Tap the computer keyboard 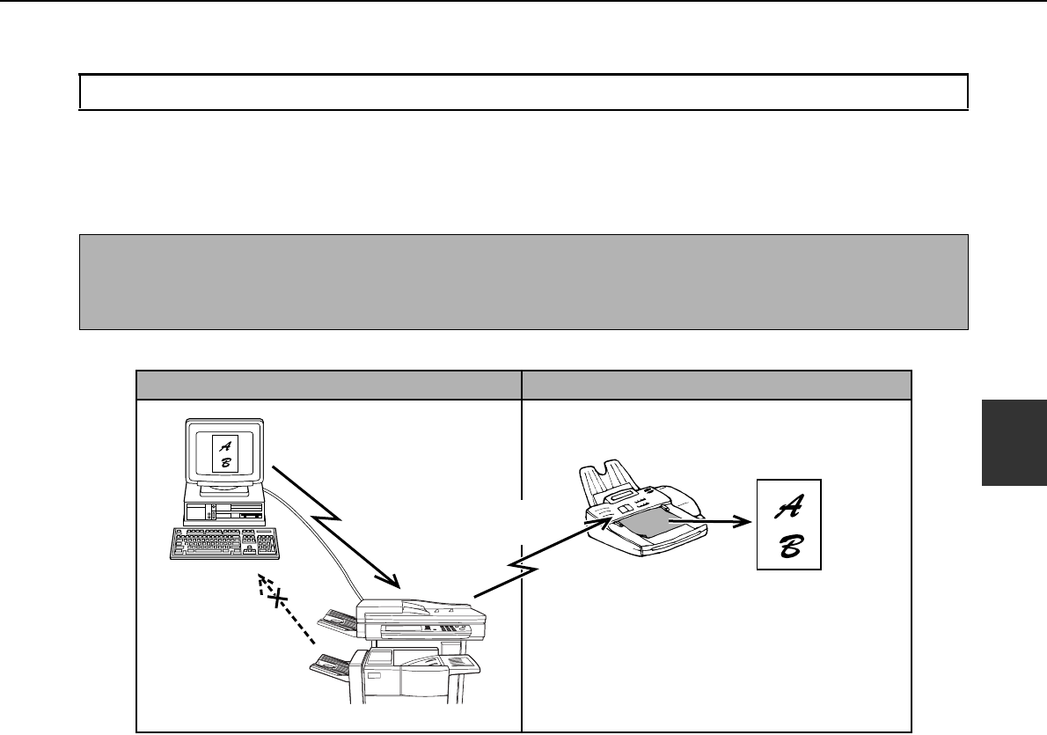[223, 542]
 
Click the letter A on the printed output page [788, 505]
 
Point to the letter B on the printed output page [788, 545]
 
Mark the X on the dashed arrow [278, 599]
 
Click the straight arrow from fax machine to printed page [708, 520]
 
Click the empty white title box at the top [523, 92]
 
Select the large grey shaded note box [523, 282]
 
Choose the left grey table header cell [328, 385]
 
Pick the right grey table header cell [715, 385]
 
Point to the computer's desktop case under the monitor [224, 511]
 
